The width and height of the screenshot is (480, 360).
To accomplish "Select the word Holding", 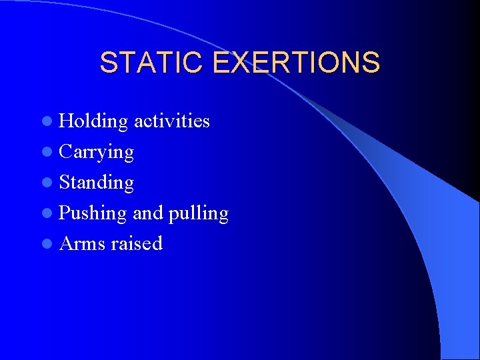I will pos(93,121).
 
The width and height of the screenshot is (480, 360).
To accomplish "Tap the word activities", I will pos(171,121).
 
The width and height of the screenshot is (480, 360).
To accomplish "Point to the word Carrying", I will pos(97,152).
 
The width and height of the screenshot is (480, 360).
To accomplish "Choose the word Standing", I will pos(97,183).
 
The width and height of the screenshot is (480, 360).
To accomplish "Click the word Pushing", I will pos(93,213).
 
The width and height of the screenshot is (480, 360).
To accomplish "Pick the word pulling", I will pos(199,213).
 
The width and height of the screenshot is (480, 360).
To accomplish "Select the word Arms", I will pos(82,243).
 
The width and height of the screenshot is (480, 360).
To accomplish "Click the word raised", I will pos(137,243).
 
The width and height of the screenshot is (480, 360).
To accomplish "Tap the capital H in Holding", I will pos(67,121).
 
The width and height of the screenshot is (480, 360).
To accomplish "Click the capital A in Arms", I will pos(67,243).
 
